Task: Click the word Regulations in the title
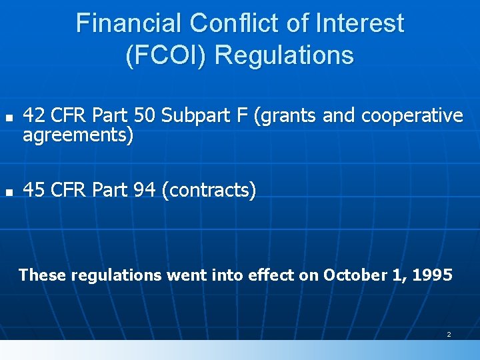(285, 55)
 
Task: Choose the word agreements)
(78, 135)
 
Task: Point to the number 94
(145, 191)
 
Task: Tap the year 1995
(433, 274)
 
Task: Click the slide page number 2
(449, 334)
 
